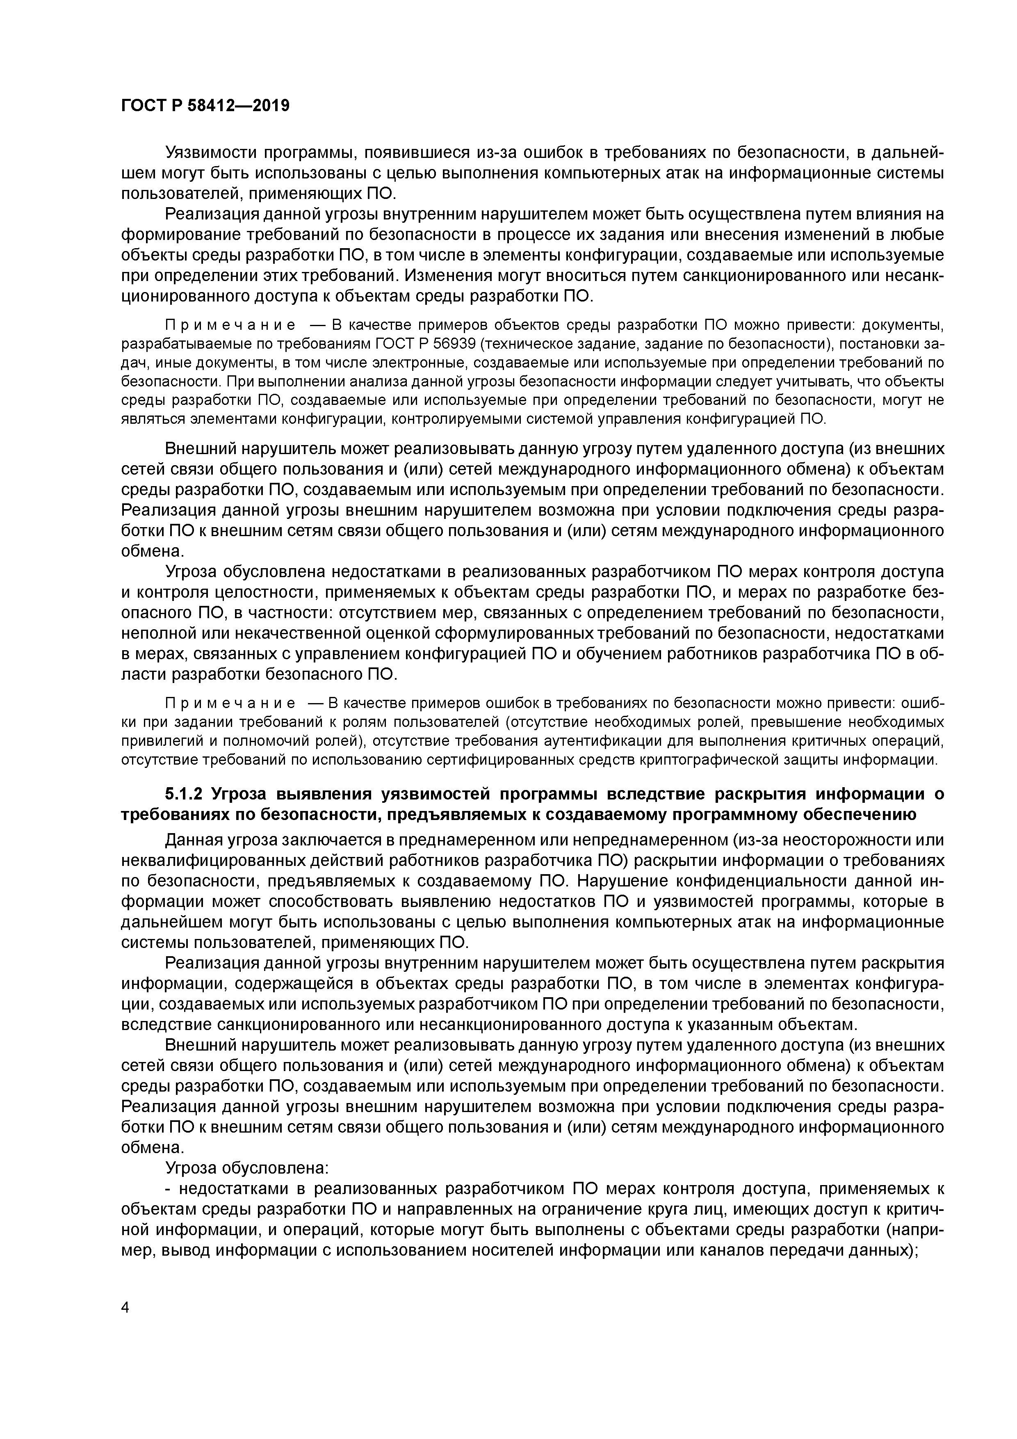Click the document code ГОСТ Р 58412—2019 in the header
point(205,106)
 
